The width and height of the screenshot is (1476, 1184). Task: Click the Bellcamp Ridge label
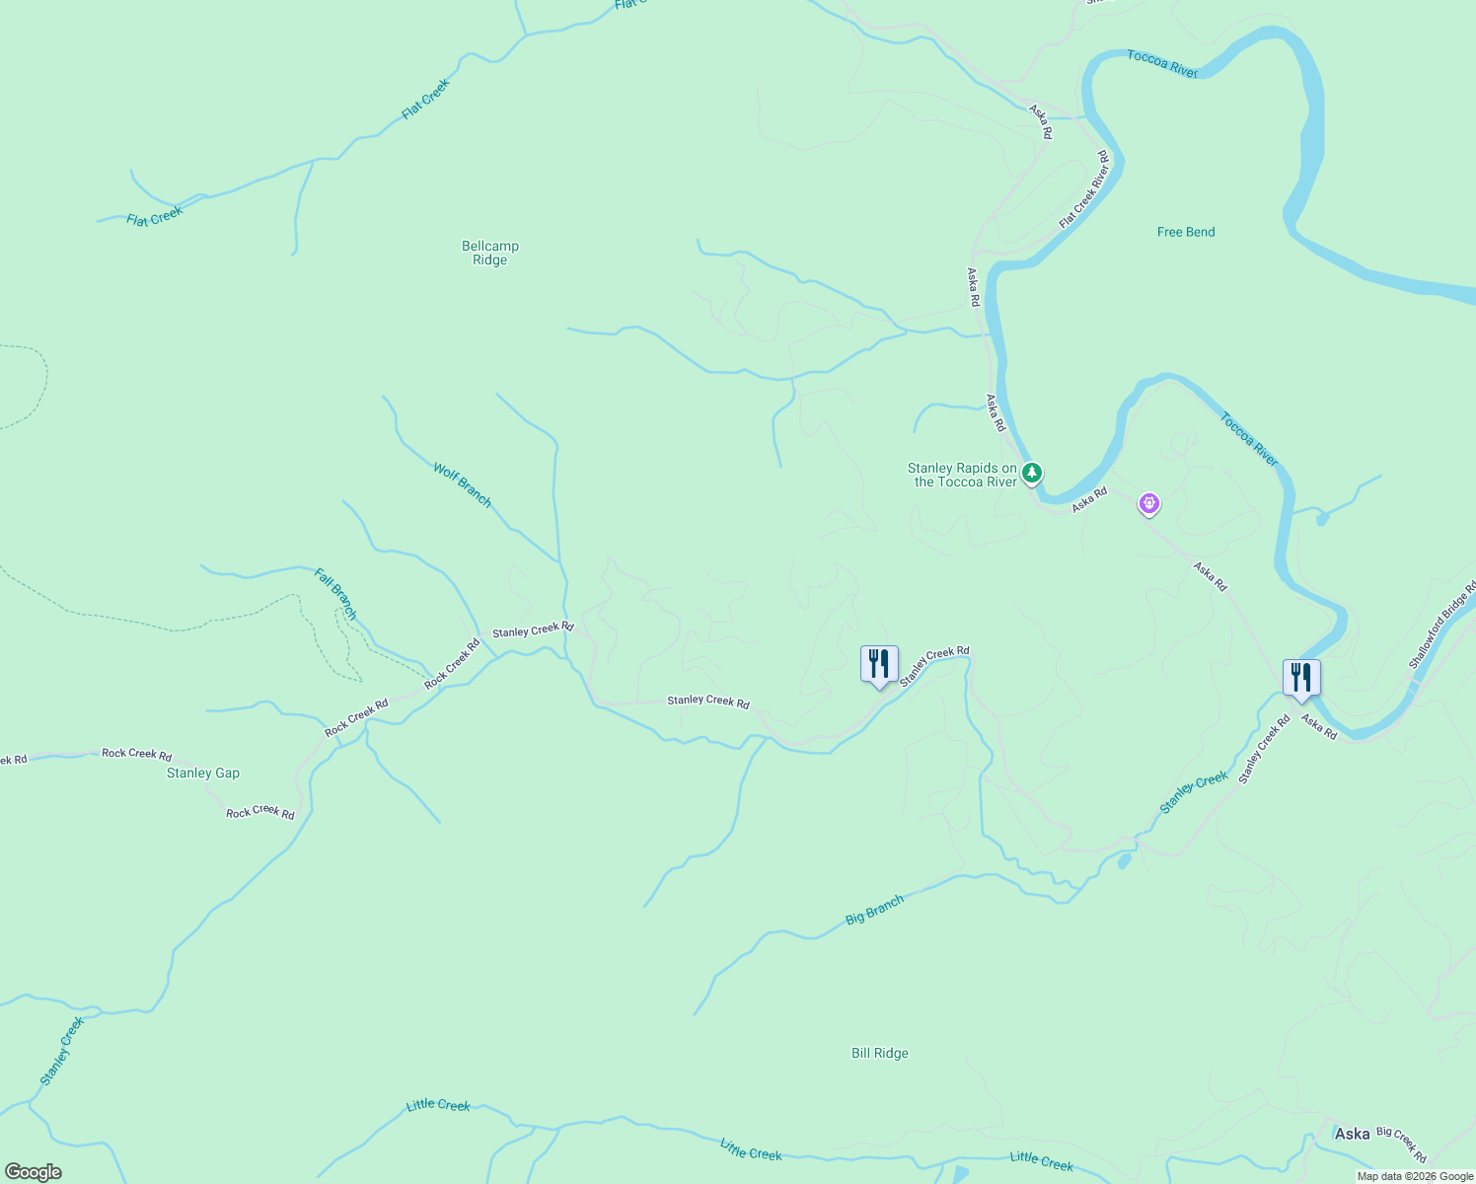(x=489, y=254)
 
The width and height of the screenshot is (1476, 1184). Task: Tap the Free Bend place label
(x=1185, y=232)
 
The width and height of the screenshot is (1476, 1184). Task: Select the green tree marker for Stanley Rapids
(x=1031, y=474)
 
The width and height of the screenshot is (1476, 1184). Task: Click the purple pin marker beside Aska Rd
(x=1148, y=503)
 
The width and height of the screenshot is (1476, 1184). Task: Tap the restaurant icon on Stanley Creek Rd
(x=879, y=664)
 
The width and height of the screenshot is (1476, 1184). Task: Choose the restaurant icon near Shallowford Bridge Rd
(x=1300, y=678)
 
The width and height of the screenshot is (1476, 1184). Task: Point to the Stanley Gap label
(x=202, y=773)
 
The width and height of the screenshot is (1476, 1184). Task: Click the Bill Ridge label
(x=879, y=1053)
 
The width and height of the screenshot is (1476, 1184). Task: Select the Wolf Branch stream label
(x=462, y=484)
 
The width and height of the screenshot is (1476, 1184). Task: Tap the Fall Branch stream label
(x=335, y=594)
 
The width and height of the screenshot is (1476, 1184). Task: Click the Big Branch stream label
(x=874, y=910)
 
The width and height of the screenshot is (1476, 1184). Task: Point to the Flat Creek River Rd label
(x=1083, y=190)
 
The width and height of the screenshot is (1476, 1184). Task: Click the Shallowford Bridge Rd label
(x=1442, y=626)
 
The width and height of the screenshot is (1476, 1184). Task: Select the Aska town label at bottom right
(x=1352, y=1134)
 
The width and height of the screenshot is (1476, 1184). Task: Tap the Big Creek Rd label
(x=1401, y=1144)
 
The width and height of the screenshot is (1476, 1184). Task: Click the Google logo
(x=34, y=1172)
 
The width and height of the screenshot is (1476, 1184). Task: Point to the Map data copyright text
(x=1414, y=1176)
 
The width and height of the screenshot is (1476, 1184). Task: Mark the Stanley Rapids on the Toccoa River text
(x=962, y=475)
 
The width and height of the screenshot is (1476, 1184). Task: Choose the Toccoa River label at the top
(x=1161, y=64)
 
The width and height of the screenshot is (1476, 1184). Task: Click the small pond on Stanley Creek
(x=1124, y=861)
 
